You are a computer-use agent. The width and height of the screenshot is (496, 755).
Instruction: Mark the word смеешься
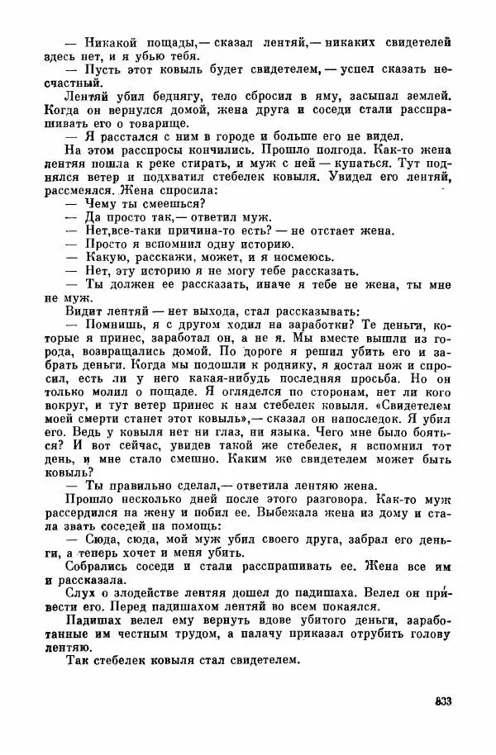coord(174,205)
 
